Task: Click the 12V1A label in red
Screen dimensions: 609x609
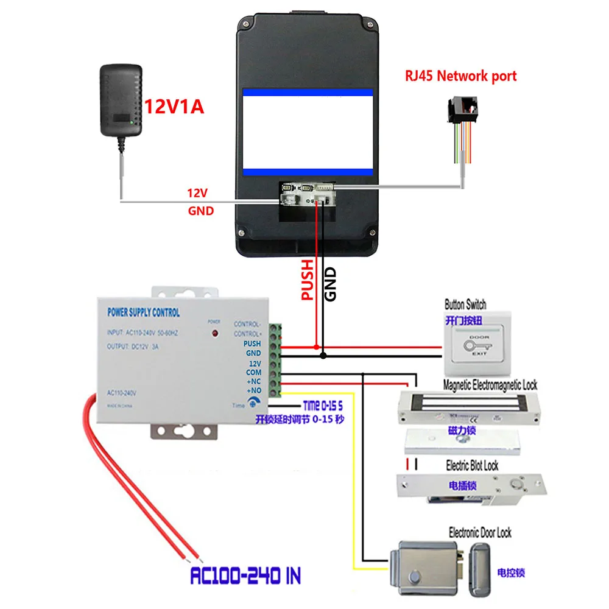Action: (174, 107)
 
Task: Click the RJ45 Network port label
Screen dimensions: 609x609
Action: (461, 76)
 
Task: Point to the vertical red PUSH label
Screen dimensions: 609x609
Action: (308, 280)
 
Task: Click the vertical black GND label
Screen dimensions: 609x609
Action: (331, 284)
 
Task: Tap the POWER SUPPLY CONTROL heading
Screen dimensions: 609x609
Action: (143, 312)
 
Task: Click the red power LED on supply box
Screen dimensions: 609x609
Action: (214, 334)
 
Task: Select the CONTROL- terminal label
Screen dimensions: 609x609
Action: (247, 324)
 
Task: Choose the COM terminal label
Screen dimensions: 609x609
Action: (253, 371)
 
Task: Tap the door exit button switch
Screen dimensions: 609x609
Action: (478, 344)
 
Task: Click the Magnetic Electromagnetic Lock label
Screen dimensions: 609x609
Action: (490, 385)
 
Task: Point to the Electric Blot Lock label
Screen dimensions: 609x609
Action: (472, 466)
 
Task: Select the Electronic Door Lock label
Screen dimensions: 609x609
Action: (480, 533)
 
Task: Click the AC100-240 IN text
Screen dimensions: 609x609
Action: (245, 575)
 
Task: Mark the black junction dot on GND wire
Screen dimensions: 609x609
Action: (323, 355)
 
